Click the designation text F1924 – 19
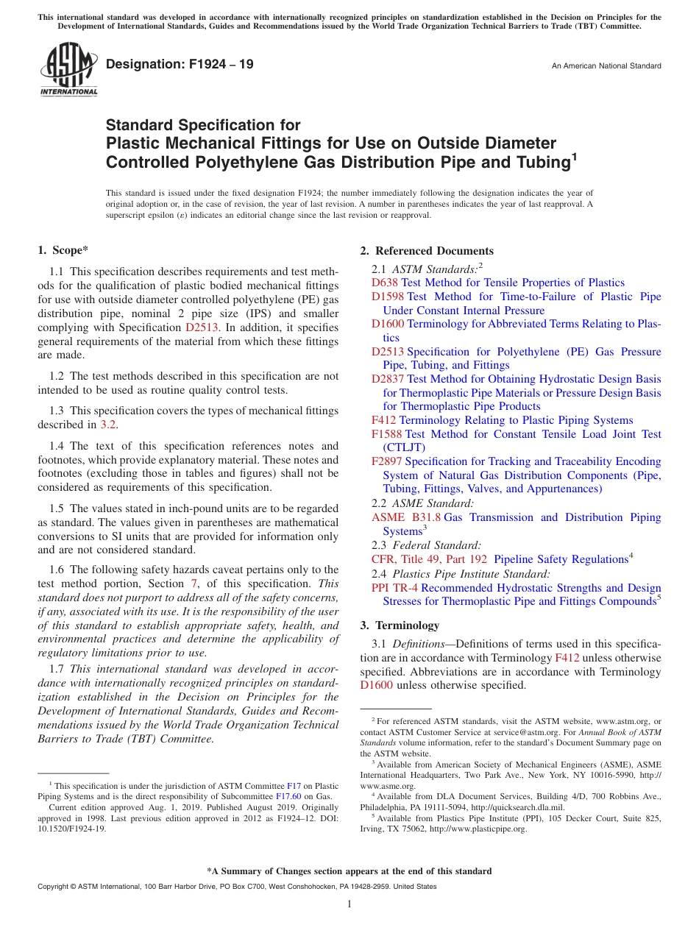[180, 65]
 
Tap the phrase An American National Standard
[606, 66]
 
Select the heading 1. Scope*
[63, 251]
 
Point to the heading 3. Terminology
[400, 625]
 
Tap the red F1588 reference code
[386, 434]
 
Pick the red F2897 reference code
[386, 461]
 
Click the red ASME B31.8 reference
[406, 517]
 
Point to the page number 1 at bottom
[349, 904]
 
